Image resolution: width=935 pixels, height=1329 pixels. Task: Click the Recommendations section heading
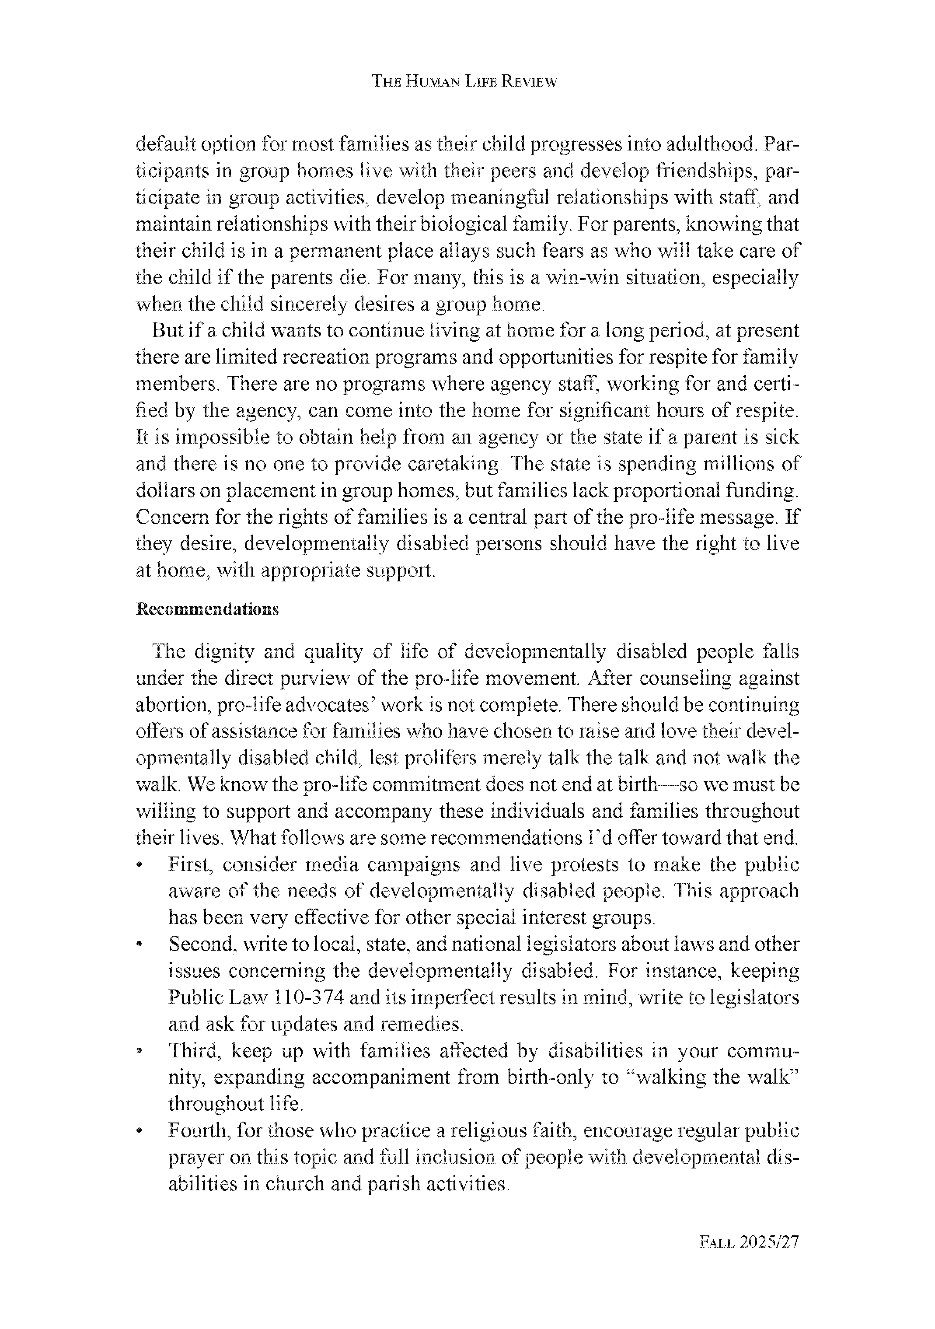(207, 609)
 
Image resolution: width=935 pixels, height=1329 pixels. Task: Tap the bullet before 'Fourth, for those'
(140, 1131)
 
